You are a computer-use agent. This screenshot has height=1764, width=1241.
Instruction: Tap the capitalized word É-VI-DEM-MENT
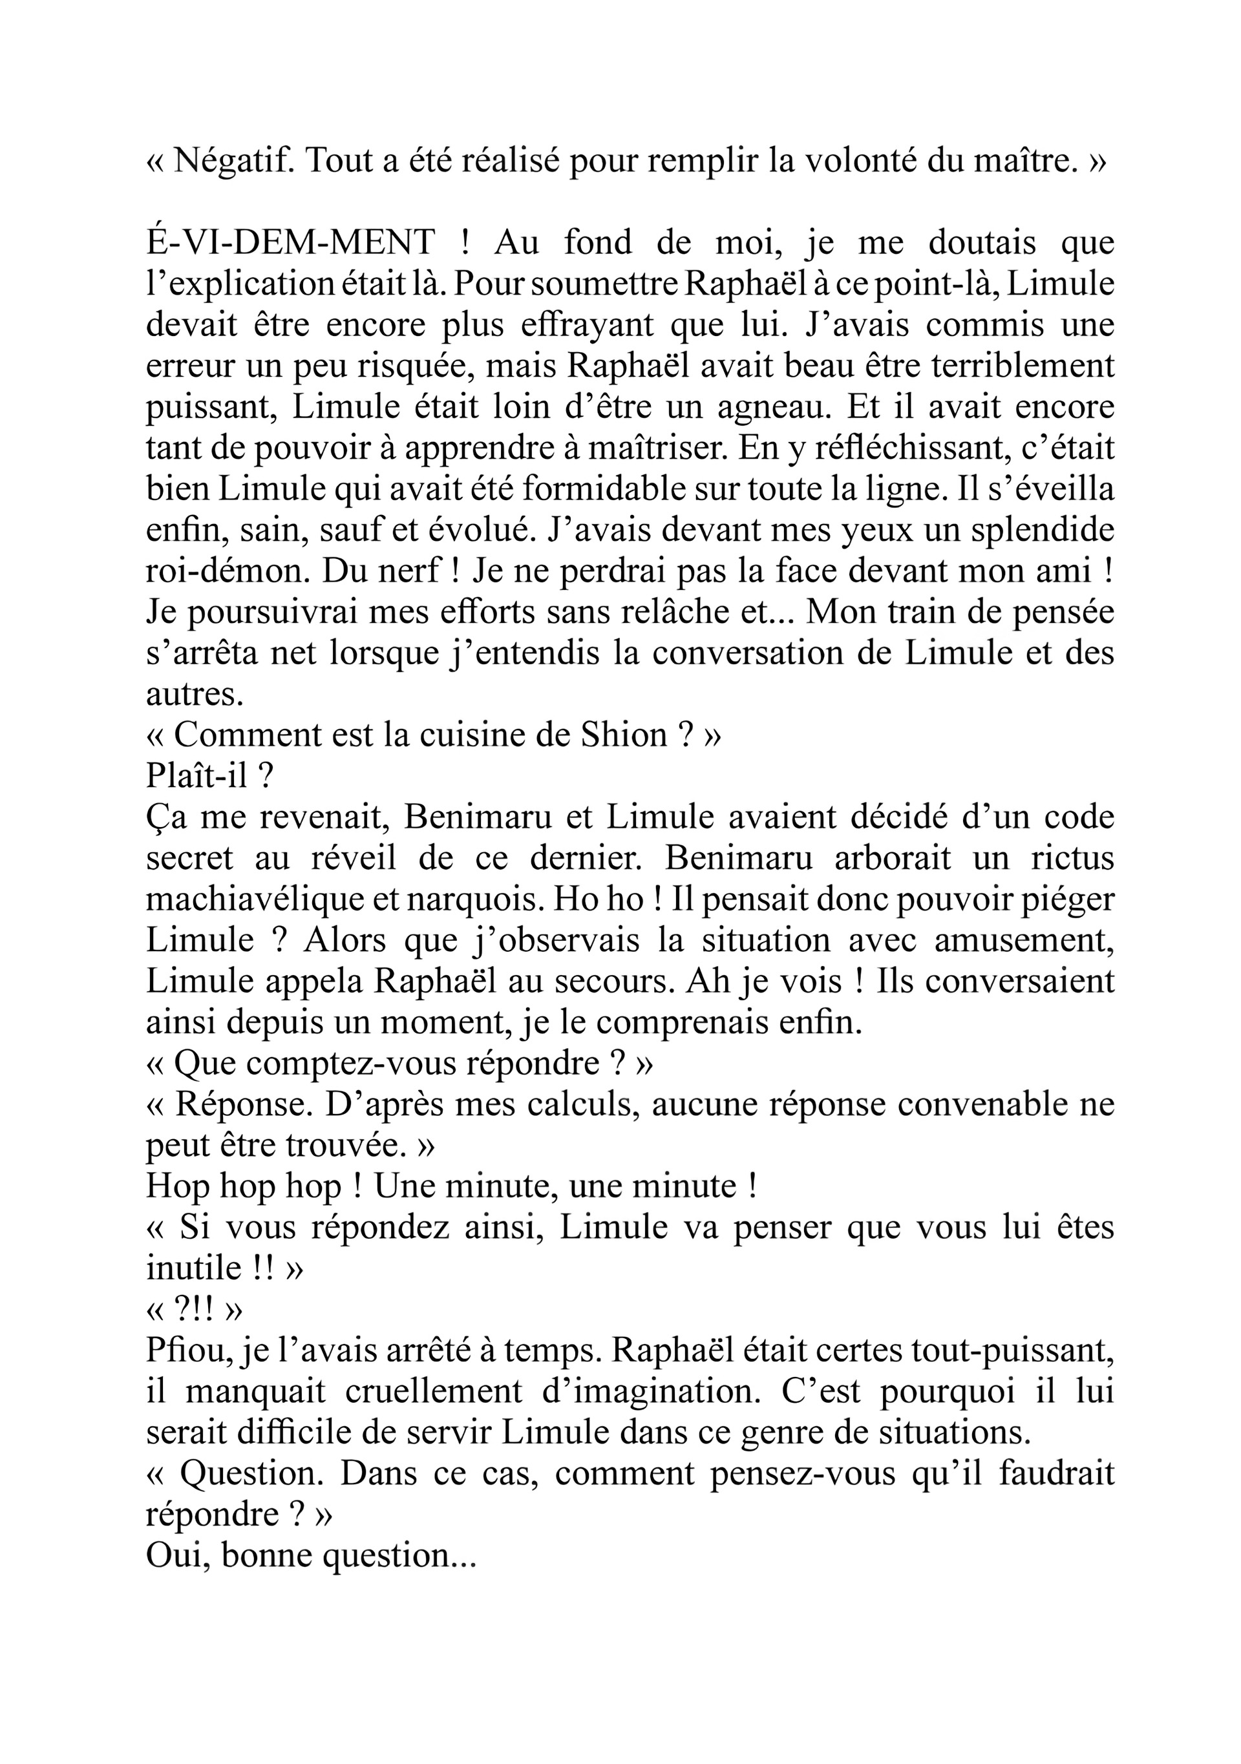[x=290, y=244]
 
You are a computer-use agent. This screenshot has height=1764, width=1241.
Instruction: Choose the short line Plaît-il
[x=209, y=776]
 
